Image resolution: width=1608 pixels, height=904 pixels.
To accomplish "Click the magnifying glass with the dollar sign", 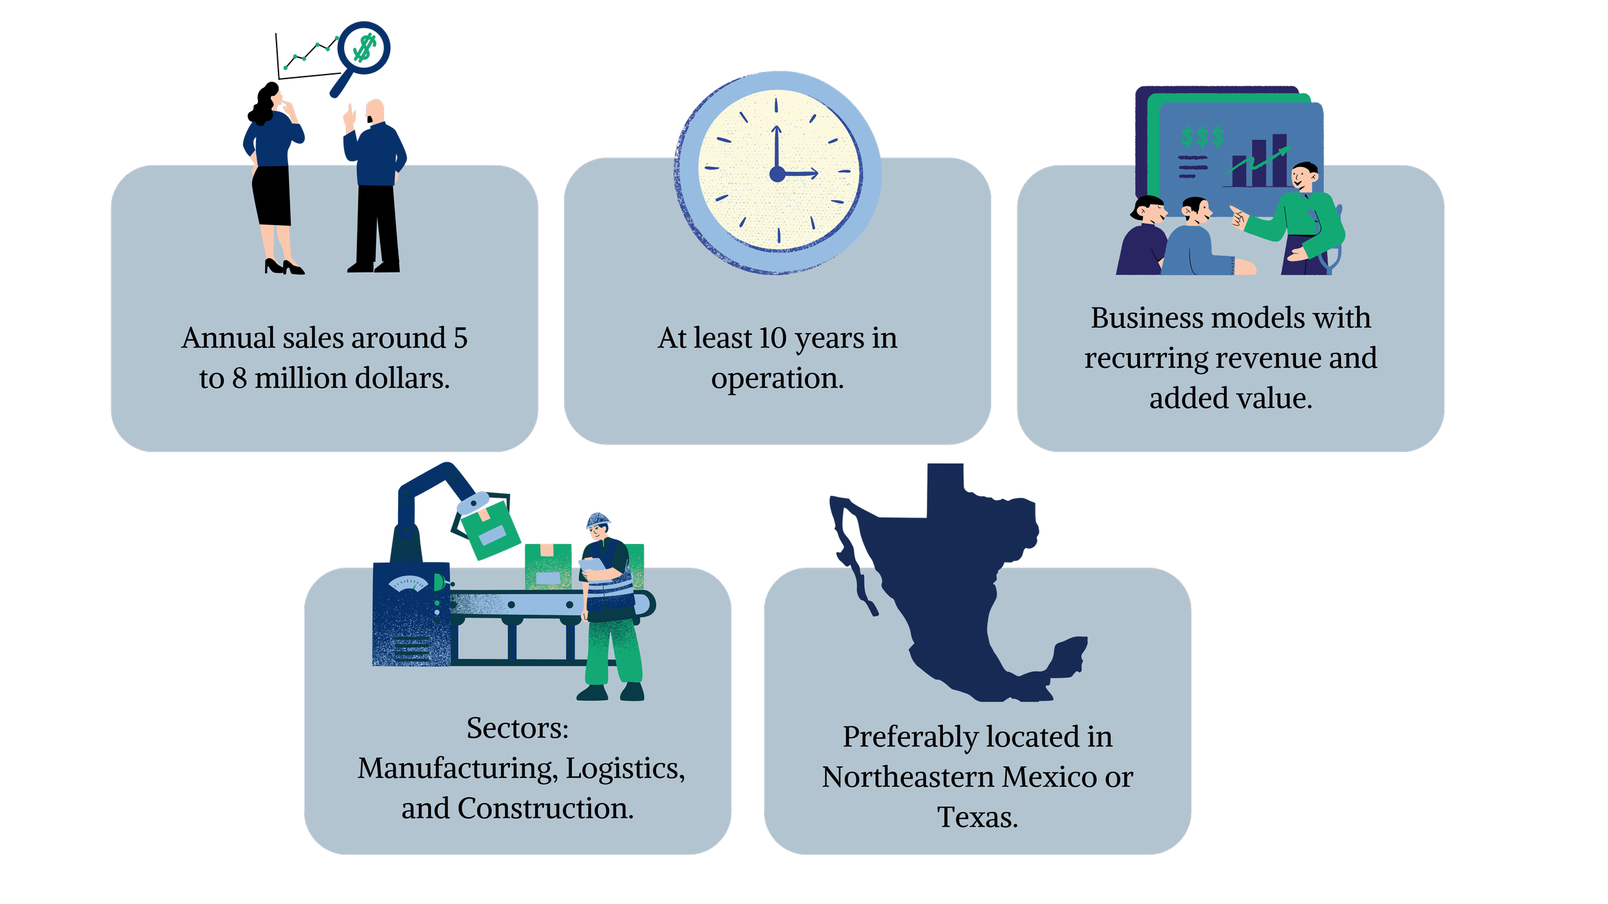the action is [364, 48].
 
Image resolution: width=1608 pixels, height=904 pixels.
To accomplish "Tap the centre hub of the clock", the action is [777, 173].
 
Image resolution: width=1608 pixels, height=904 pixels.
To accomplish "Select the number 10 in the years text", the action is [772, 338].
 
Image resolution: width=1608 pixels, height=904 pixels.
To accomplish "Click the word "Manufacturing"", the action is [457, 768].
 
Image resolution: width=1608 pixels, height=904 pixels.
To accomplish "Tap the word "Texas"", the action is [976, 817].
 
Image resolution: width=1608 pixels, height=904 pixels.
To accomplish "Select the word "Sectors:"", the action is [517, 728].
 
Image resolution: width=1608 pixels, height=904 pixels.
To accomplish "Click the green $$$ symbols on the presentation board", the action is [1201, 137].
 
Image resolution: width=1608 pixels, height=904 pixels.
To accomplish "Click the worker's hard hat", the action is [598, 520].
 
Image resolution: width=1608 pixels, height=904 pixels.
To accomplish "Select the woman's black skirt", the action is [272, 195].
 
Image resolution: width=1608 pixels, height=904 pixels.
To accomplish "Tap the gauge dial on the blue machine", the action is [408, 584].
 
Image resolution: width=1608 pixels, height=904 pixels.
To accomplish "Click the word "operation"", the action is [776, 379].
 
